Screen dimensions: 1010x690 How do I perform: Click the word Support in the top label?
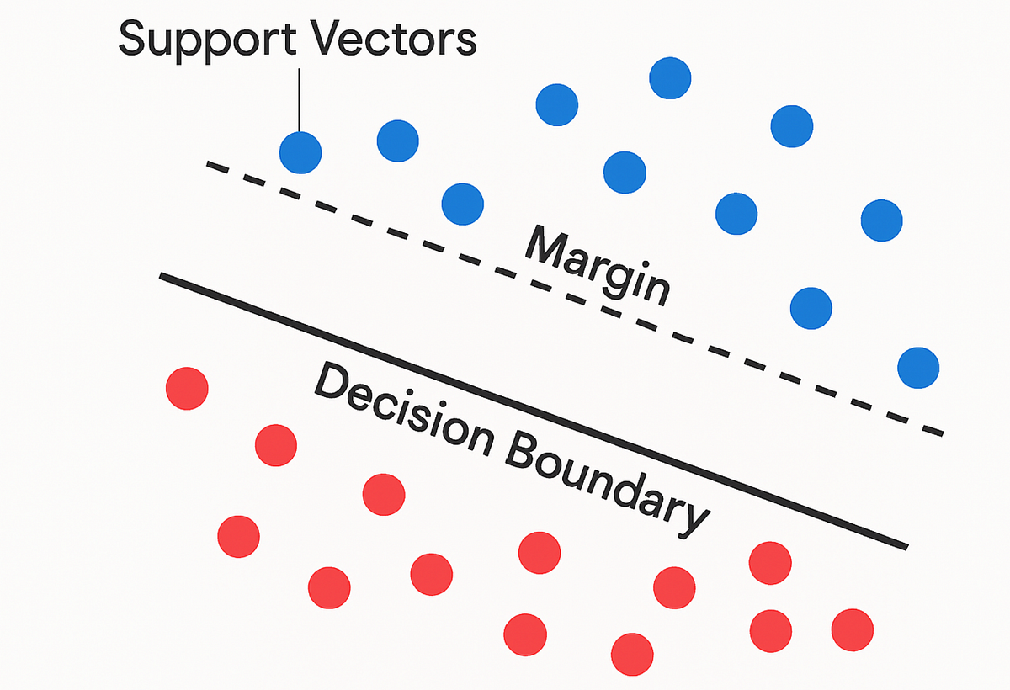point(207,40)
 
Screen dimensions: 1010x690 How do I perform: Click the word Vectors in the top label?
point(395,39)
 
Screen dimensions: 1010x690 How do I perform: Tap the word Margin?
point(598,266)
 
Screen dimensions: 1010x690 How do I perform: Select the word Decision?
point(403,409)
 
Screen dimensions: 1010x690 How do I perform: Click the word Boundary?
point(607,485)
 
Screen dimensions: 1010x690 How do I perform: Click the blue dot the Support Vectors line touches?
point(300,152)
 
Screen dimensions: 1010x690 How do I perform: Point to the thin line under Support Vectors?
point(299,100)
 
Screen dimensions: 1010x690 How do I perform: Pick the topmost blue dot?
point(670,78)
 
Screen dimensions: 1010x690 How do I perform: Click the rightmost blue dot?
point(918,368)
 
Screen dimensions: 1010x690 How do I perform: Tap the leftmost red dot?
point(187,389)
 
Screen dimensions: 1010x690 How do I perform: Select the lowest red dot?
point(632,655)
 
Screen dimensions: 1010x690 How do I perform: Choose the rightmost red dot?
point(853,630)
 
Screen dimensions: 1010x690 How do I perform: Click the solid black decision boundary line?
point(534,411)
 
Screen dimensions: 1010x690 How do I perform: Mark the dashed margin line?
point(575,299)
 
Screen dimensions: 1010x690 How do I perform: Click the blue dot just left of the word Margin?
point(463,204)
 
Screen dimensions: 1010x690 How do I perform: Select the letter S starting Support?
point(132,39)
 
